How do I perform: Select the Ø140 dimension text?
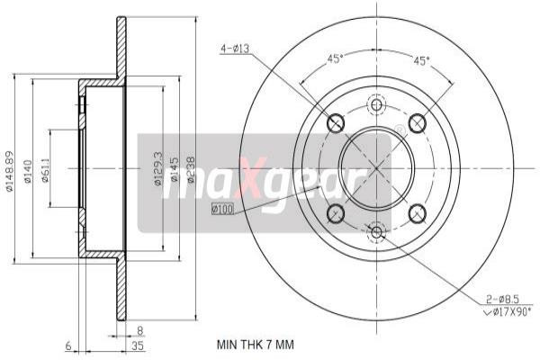29,171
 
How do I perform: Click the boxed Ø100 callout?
221,210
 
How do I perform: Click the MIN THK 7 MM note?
255,344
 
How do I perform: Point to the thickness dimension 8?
140,329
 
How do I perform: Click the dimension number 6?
67,345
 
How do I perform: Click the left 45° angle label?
335,59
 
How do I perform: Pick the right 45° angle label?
420,60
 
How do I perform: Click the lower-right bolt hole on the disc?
417,213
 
